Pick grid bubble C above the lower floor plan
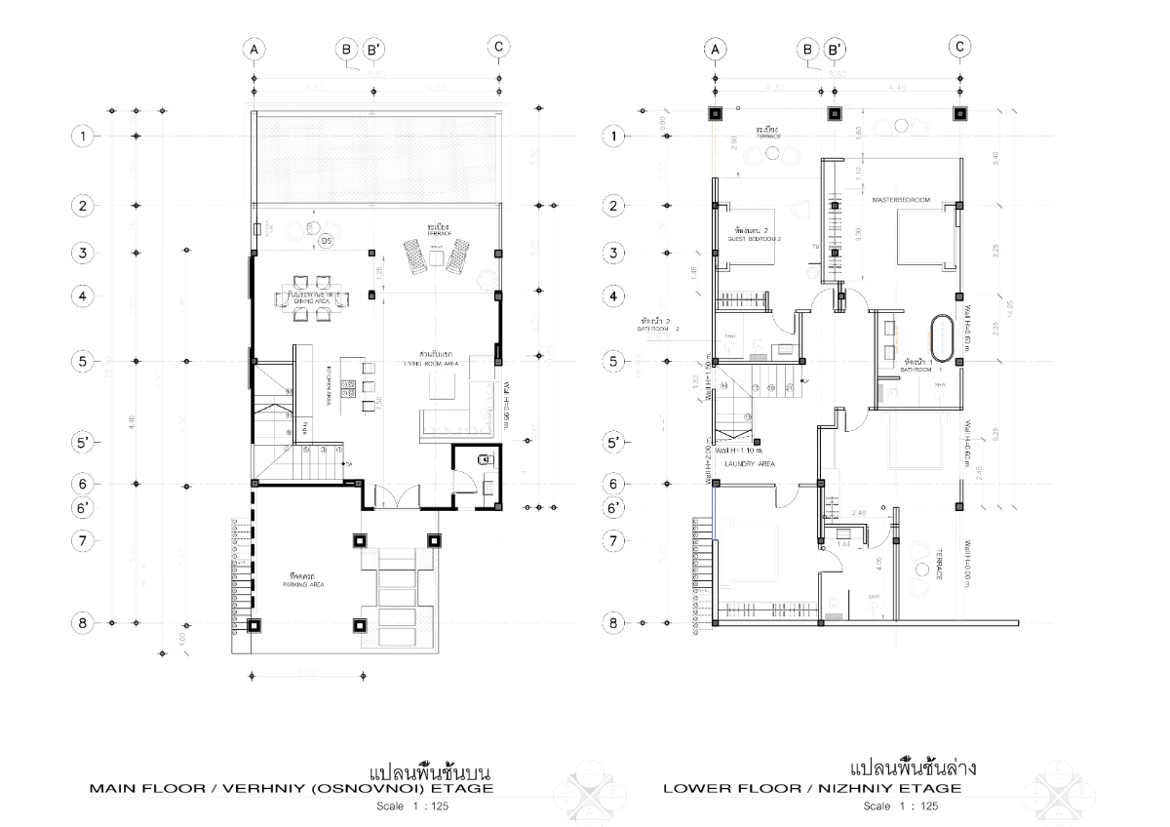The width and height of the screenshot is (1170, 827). [x=960, y=47]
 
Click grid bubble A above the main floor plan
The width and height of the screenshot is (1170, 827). [x=253, y=49]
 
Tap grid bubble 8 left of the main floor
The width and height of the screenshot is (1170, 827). [x=85, y=622]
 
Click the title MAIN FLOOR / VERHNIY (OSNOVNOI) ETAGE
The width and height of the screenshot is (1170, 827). [x=292, y=788]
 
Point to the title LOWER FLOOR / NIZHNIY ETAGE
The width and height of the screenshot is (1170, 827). [x=812, y=788]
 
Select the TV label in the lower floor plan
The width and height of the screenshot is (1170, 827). [x=815, y=248]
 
